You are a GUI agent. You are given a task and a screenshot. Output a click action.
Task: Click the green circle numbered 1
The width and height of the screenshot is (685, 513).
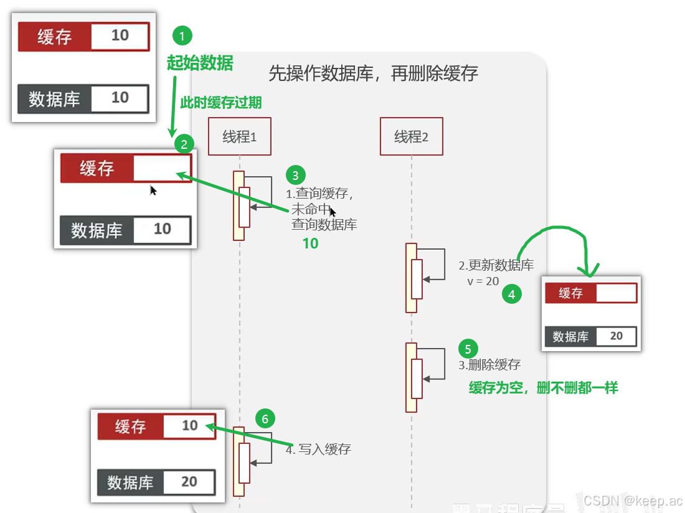point(182,37)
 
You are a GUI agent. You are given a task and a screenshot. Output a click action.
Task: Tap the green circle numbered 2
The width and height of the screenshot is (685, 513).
point(184,146)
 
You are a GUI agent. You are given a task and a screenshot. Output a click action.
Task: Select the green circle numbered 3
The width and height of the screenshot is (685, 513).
point(296,175)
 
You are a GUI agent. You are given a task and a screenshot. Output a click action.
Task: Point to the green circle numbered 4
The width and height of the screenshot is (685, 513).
point(511,294)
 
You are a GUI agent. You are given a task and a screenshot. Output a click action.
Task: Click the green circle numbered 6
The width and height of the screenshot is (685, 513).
point(265,419)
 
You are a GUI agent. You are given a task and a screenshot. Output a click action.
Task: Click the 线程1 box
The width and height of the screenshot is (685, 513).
point(240,136)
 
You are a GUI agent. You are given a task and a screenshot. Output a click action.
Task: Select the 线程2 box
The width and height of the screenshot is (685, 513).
point(412,136)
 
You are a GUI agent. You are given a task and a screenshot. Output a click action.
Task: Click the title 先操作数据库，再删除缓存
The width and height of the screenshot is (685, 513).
point(373,73)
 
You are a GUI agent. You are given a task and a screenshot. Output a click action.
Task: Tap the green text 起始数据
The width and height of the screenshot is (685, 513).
point(200,63)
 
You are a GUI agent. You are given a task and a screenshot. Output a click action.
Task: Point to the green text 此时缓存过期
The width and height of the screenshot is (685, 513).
point(221,103)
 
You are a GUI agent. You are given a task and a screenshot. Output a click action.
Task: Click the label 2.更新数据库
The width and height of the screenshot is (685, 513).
point(496,265)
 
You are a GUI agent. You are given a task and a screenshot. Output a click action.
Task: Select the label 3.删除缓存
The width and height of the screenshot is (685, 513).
point(489,365)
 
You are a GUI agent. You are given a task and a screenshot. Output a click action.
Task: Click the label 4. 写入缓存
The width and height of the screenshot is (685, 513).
point(318,449)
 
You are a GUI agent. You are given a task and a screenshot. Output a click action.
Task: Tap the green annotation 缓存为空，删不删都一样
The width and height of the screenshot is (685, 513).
point(543,388)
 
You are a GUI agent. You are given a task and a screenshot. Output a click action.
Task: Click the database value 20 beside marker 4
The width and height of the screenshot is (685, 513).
point(616,336)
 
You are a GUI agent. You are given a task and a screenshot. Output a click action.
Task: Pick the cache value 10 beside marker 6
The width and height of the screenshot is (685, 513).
point(189,426)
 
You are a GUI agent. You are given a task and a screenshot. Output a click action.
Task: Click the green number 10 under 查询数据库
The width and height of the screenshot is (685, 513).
point(310,243)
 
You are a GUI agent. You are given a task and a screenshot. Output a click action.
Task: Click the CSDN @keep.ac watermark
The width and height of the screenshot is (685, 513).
point(633,500)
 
